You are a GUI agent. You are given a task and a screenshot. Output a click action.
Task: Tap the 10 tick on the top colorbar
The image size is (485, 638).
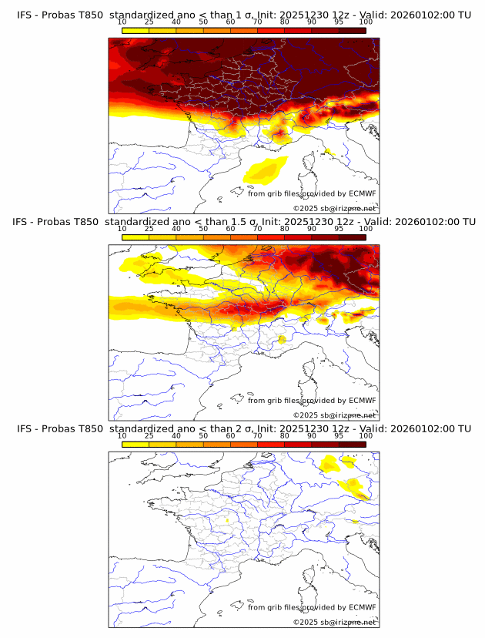pyautogui.click(x=122, y=22)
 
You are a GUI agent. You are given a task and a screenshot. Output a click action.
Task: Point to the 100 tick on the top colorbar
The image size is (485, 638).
pyautogui.click(x=366, y=22)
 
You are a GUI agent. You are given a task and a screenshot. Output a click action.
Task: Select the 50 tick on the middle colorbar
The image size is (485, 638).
pyautogui.click(x=203, y=228)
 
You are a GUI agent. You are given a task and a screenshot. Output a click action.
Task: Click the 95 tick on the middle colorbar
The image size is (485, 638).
pyautogui.click(x=339, y=228)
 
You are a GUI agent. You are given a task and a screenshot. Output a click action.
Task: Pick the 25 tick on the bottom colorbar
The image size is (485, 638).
pyautogui.click(x=149, y=435)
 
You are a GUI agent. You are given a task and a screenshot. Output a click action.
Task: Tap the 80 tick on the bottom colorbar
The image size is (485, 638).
pyautogui.click(x=285, y=435)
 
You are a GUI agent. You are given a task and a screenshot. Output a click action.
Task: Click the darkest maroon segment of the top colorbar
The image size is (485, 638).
pyautogui.click(x=353, y=30)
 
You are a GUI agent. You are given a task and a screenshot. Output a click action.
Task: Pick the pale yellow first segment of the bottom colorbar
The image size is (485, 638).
pyautogui.click(x=135, y=443)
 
